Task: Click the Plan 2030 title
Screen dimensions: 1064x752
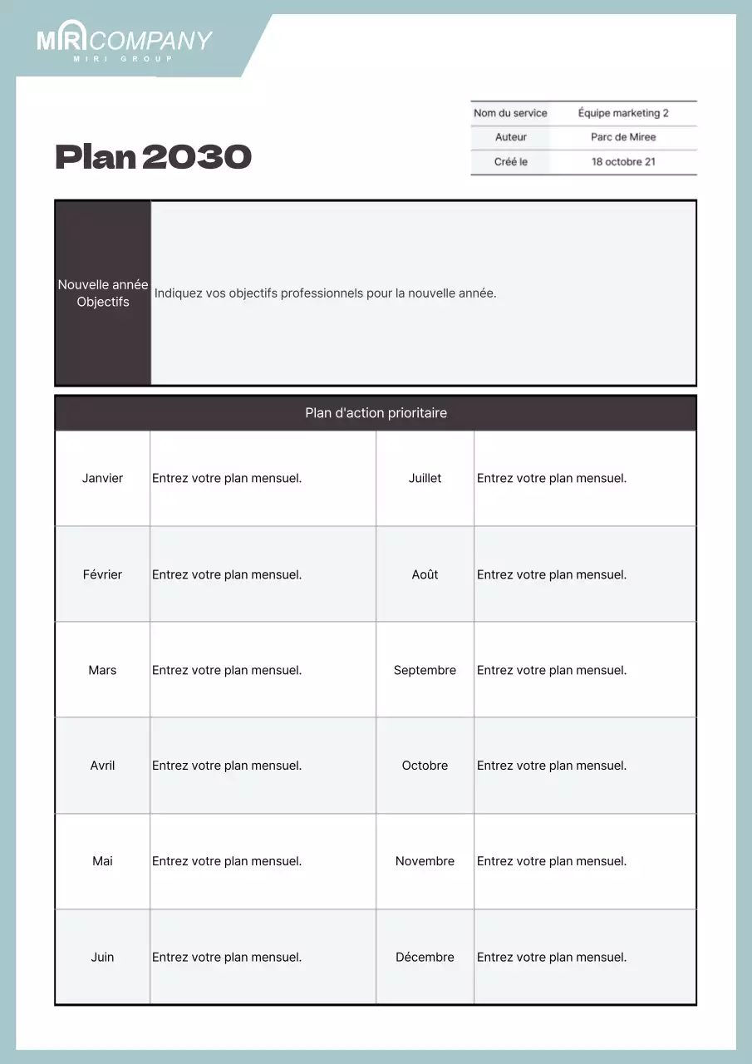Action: (x=153, y=157)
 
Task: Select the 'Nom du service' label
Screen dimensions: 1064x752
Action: (x=510, y=113)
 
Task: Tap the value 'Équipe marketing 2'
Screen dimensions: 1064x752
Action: (x=623, y=113)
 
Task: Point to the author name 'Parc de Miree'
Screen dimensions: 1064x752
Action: (x=623, y=137)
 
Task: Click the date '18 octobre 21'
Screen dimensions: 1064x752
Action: (x=623, y=162)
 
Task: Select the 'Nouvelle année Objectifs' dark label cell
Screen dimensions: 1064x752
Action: (x=103, y=293)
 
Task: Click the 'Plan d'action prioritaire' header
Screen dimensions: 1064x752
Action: (x=376, y=413)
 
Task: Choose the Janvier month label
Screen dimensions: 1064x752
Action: (x=102, y=478)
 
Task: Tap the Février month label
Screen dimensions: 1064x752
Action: (x=102, y=574)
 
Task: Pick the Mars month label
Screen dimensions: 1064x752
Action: (x=102, y=670)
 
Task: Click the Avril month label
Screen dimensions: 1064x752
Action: (x=102, y=766)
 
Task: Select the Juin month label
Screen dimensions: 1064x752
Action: (x=102, y=957)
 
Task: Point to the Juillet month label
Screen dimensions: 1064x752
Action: (x=425, y=478)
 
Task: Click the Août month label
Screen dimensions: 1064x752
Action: (x=425, y=574)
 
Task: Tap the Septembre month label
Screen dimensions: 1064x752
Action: (x=425, y=670)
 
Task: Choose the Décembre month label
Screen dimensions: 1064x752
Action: (x=425, y=957)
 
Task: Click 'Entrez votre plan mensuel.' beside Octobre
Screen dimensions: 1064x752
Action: (x=552, y=766)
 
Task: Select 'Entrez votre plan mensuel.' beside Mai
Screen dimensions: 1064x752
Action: (x=227, y=861)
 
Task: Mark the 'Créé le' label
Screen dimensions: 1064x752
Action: (x=510, y=162)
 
